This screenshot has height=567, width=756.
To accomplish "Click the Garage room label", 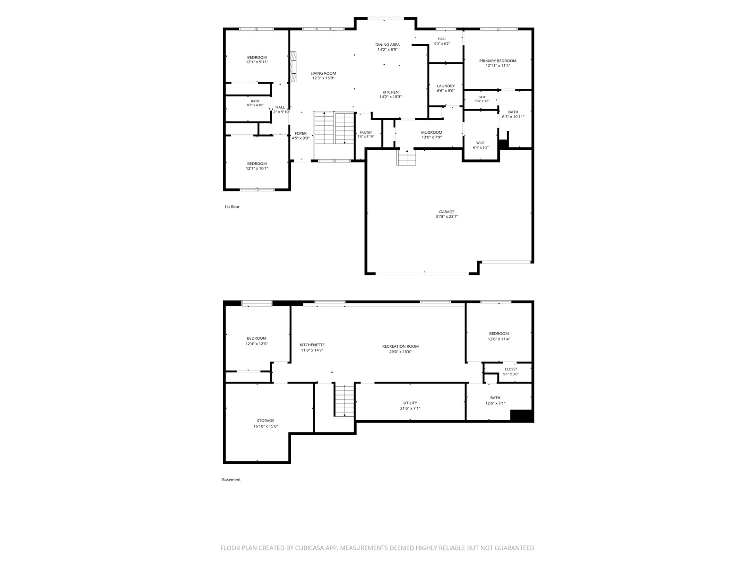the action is point(447,212).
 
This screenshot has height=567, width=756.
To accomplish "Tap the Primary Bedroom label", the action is point(498,61).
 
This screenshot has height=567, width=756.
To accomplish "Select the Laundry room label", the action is point(446,86).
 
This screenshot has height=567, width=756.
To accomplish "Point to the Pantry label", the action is point(366,133).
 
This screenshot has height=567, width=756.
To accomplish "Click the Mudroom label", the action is point(431,133).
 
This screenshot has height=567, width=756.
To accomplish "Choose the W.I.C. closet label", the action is point(481,143).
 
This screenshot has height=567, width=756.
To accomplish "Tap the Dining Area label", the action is point(387,45).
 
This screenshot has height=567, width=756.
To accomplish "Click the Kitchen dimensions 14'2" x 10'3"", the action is point(391,97).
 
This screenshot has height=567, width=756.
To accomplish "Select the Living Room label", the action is point(323,73).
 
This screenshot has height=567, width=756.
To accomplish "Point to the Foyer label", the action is point(301,134).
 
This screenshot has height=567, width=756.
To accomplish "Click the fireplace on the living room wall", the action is point(293,67).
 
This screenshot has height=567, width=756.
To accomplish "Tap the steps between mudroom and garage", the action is point(407,157).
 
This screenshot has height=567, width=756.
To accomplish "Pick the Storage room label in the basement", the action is point(266,421).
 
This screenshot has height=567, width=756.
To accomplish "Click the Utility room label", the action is point(410,403).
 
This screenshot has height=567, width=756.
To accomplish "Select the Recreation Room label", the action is point(400,346).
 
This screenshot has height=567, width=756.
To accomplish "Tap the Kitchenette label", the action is point(312,344).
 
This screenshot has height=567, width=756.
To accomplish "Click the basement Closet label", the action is point(511,369).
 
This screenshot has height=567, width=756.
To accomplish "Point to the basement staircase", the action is point(344,401).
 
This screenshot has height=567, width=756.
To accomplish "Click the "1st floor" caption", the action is point(232,206).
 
